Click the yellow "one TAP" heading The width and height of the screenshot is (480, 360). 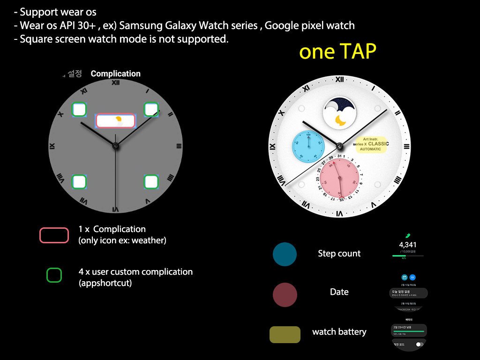337,52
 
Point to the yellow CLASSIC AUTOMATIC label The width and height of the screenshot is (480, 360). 372,144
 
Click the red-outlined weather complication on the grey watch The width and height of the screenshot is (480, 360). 116,121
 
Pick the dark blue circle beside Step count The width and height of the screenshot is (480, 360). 285,254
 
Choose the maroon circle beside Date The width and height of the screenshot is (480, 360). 285,295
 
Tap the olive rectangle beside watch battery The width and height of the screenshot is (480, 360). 285,335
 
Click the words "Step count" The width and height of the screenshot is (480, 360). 339,254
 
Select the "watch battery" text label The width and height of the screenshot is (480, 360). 339,332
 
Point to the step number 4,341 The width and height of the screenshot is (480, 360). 408,245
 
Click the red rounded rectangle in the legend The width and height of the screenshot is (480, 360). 54,235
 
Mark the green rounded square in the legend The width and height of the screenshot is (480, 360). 54,275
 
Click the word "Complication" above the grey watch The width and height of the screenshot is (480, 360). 115,74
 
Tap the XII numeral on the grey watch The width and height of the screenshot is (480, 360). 115,83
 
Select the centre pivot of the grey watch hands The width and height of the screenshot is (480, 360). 115,146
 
